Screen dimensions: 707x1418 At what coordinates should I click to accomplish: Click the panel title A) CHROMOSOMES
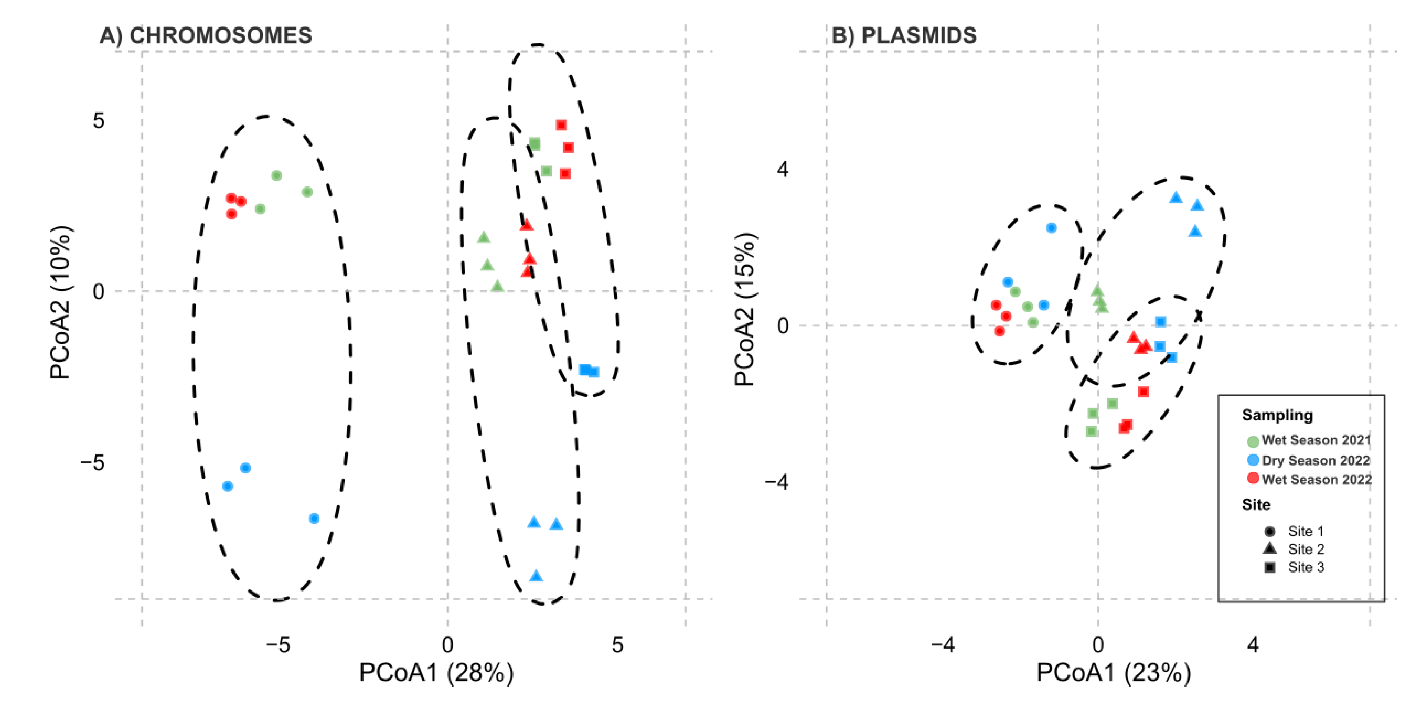tap(205, 36)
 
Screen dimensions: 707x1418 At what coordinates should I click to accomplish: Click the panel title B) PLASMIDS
tap(903, 36)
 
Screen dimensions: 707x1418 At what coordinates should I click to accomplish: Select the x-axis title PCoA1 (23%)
tap(1113, 673)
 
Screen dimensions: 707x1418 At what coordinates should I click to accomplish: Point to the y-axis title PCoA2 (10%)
tap(61, 302)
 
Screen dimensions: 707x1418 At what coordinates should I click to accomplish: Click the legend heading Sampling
tap(1277, 415)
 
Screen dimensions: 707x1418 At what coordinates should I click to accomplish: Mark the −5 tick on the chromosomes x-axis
tap(277, 645)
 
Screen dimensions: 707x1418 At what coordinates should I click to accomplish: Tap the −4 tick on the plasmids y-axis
tap(776, 482)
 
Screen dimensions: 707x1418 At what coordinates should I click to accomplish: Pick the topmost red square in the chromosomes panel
tap(561, 126)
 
